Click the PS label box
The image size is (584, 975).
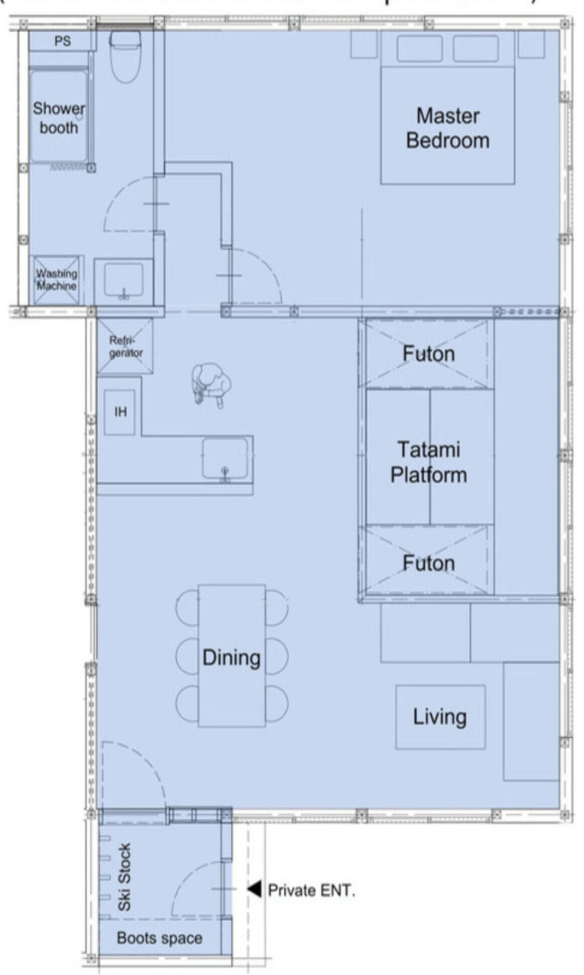(62, 41)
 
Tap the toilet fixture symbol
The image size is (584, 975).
(125, 55)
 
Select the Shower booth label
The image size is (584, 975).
(59, 118)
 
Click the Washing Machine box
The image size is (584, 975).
(56, 280)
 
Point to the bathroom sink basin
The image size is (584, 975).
(123, 280)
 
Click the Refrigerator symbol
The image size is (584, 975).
(125, 346)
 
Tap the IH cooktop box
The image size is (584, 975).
(120, 412)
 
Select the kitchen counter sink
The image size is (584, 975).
(224, 458)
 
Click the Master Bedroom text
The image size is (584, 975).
(447, 128)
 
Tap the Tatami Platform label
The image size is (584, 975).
(428, 462)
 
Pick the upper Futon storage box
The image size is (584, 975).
(428, 354)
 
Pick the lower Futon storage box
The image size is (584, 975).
(428, 563)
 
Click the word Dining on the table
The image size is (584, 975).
(231, 658)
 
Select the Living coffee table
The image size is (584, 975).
(440, 717)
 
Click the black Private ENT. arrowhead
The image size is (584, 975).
(255, 889)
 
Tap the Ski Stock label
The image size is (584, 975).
(124, 877)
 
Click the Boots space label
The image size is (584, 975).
(159, 938)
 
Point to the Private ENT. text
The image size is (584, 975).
(311, 890)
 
